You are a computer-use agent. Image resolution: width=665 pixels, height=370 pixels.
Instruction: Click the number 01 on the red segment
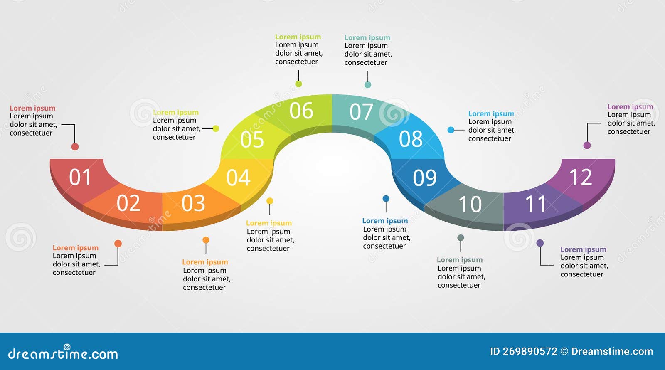pos(80,177)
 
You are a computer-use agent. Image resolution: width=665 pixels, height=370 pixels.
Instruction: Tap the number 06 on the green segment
pos(301,111)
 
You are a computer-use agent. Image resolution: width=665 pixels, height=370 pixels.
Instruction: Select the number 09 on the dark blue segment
pos(424,178)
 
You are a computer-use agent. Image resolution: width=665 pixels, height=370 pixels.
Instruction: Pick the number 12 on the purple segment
pos(580,178)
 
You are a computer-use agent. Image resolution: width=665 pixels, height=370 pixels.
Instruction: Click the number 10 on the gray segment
pos(470,204)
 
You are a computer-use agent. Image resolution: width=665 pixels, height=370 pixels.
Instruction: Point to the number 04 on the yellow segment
pos(238,178)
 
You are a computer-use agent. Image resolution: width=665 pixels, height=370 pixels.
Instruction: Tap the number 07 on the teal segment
pos(361,112)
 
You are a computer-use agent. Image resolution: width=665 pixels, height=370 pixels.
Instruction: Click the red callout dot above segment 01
pos(75,146)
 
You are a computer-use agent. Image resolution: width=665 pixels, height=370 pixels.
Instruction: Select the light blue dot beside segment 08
pos(451,130)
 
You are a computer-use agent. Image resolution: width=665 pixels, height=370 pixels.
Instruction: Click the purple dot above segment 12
pos(587,145)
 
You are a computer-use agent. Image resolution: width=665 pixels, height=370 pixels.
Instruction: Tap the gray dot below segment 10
pos(461,238)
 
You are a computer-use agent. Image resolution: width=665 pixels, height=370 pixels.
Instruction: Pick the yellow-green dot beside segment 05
pos(216,128)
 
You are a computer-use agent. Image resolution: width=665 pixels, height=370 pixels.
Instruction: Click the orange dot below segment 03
pos(206,240)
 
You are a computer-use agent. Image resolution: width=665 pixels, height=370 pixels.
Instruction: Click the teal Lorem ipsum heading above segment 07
pos(367,38)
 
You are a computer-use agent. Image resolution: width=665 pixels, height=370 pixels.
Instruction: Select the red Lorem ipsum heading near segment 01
pos(32,108)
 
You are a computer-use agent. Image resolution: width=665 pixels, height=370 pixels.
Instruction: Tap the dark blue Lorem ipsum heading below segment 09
pos(385,221)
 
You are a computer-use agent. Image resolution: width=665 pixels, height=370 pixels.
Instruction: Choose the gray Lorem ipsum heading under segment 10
pos(460,260)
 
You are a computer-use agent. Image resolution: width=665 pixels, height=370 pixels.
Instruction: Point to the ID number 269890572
pos(530,351)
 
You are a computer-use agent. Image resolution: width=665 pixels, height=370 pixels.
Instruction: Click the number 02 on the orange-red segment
pos(128,203)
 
